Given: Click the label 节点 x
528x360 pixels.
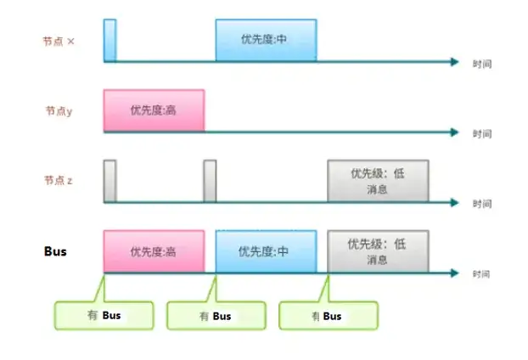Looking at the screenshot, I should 59,41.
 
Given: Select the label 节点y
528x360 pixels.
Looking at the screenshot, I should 59,110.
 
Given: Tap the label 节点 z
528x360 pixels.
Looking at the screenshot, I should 59,180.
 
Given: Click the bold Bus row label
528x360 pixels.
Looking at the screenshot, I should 55,252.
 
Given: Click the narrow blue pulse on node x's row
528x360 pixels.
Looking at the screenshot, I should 110,40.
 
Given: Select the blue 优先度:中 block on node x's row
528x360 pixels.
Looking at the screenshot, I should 266,40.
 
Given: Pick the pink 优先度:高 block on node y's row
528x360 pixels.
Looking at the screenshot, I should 154,110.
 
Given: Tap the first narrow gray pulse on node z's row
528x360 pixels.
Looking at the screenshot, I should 110,180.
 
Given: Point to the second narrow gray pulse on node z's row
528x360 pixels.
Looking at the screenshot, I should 211,180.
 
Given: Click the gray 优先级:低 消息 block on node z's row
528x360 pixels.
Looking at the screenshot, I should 379,180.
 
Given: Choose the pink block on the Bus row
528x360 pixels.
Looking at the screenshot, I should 154,251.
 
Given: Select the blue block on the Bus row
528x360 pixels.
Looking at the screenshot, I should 266,251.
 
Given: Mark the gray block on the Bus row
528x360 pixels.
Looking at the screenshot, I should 379,251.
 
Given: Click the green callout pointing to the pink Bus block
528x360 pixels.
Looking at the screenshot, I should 104,315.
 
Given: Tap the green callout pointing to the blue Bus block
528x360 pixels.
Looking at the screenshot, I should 216,315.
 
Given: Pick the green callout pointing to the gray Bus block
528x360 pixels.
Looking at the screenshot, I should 328,315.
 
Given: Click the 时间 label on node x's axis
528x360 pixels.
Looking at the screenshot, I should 482,65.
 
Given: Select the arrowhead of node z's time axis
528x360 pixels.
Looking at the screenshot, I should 455,202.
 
